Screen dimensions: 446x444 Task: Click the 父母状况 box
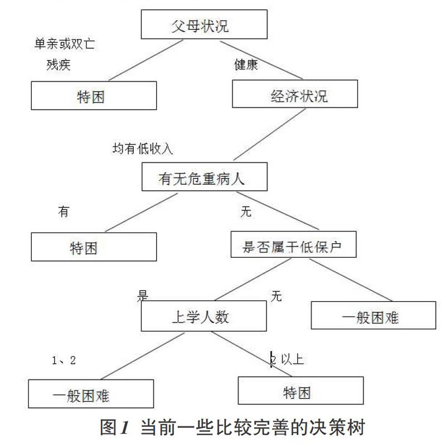(x=204, y=25)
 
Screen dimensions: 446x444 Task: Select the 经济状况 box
(x=295, y=94)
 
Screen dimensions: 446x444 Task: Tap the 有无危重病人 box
(x=205, y=177)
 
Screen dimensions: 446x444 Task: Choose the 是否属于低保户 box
(x=294, y=244)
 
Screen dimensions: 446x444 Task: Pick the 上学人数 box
(x=204, y=316)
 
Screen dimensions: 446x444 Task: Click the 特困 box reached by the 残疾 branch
(x=94, y=95)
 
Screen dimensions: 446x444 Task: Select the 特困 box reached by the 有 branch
(x=94, y=247)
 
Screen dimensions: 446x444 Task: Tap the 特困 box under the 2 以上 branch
(x=300, y=390)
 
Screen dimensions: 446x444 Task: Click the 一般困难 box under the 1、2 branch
(x=91, y=394)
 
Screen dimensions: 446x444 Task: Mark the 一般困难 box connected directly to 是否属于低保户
(x=374, y=315)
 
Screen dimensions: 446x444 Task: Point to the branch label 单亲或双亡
(x=65, y=44)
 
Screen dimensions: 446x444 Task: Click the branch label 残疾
(x=59, y=65)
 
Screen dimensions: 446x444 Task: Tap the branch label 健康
(x=246, y=65)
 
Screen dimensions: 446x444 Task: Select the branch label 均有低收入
(x=143, y=148)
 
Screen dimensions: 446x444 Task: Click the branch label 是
(x=143, y=296)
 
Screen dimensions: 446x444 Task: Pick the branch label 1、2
(x=64, y=360)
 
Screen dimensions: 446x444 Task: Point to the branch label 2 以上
(x=287, y=359)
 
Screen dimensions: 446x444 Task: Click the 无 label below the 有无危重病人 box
(x=246, y=211)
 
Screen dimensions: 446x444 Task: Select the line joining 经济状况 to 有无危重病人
(x=269, y=134)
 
